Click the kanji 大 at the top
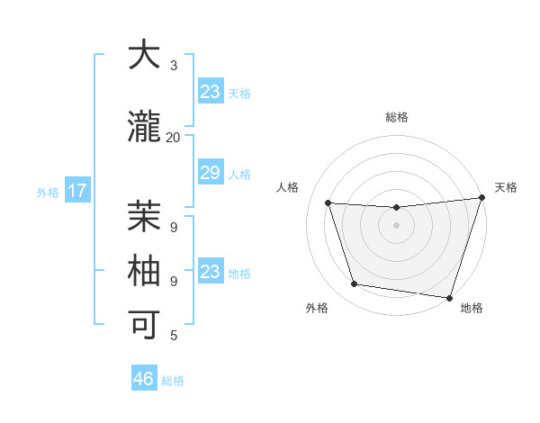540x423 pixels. [x=144, y=56]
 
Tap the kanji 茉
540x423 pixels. [x=144, y=216]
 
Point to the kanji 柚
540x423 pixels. [x=144, y=271]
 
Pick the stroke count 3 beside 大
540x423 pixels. [x=174, y=66]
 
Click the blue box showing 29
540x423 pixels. [x=210, y=173]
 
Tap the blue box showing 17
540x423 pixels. [x=76, y=191]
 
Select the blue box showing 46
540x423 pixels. [x=144, y=379]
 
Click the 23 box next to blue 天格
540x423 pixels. [x=210, y=92]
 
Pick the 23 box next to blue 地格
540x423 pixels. [x=210, y=272]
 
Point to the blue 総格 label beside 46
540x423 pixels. [x=173, y=381]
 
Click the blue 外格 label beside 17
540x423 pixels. [x=48, y=192]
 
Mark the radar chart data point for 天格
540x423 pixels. [x=481, y=199]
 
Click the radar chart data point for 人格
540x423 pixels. [x=328, y=203]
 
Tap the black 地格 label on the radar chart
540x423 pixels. [x=472, y=308]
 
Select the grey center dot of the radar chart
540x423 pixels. [x=396, y=225]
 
